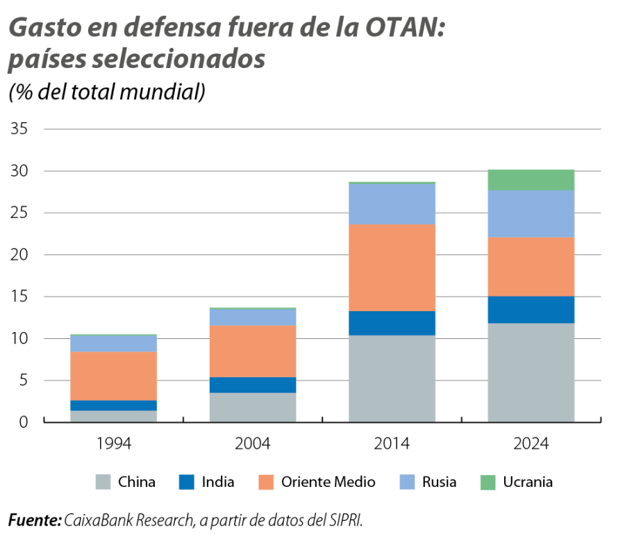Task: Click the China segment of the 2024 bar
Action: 531,372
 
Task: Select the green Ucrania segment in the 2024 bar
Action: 531,179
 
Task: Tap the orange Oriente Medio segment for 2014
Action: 392,267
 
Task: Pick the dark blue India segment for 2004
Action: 253,385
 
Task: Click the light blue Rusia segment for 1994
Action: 114,344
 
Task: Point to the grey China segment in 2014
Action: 392,379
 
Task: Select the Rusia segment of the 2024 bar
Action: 531,214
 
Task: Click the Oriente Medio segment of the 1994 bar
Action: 114,376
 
